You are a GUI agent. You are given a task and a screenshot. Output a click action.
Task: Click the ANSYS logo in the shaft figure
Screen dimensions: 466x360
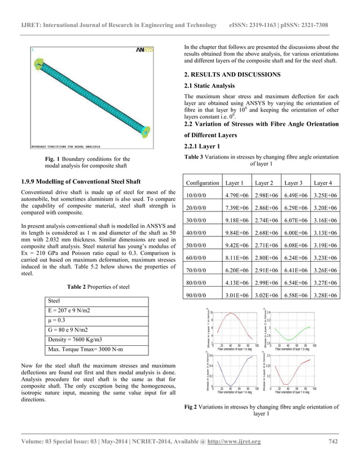143,50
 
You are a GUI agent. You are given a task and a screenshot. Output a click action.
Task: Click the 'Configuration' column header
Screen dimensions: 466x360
203,183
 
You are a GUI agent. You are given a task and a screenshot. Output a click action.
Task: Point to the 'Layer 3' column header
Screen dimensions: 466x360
296,183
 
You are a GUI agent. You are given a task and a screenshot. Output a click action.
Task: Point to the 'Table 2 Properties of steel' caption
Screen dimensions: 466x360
98,287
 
